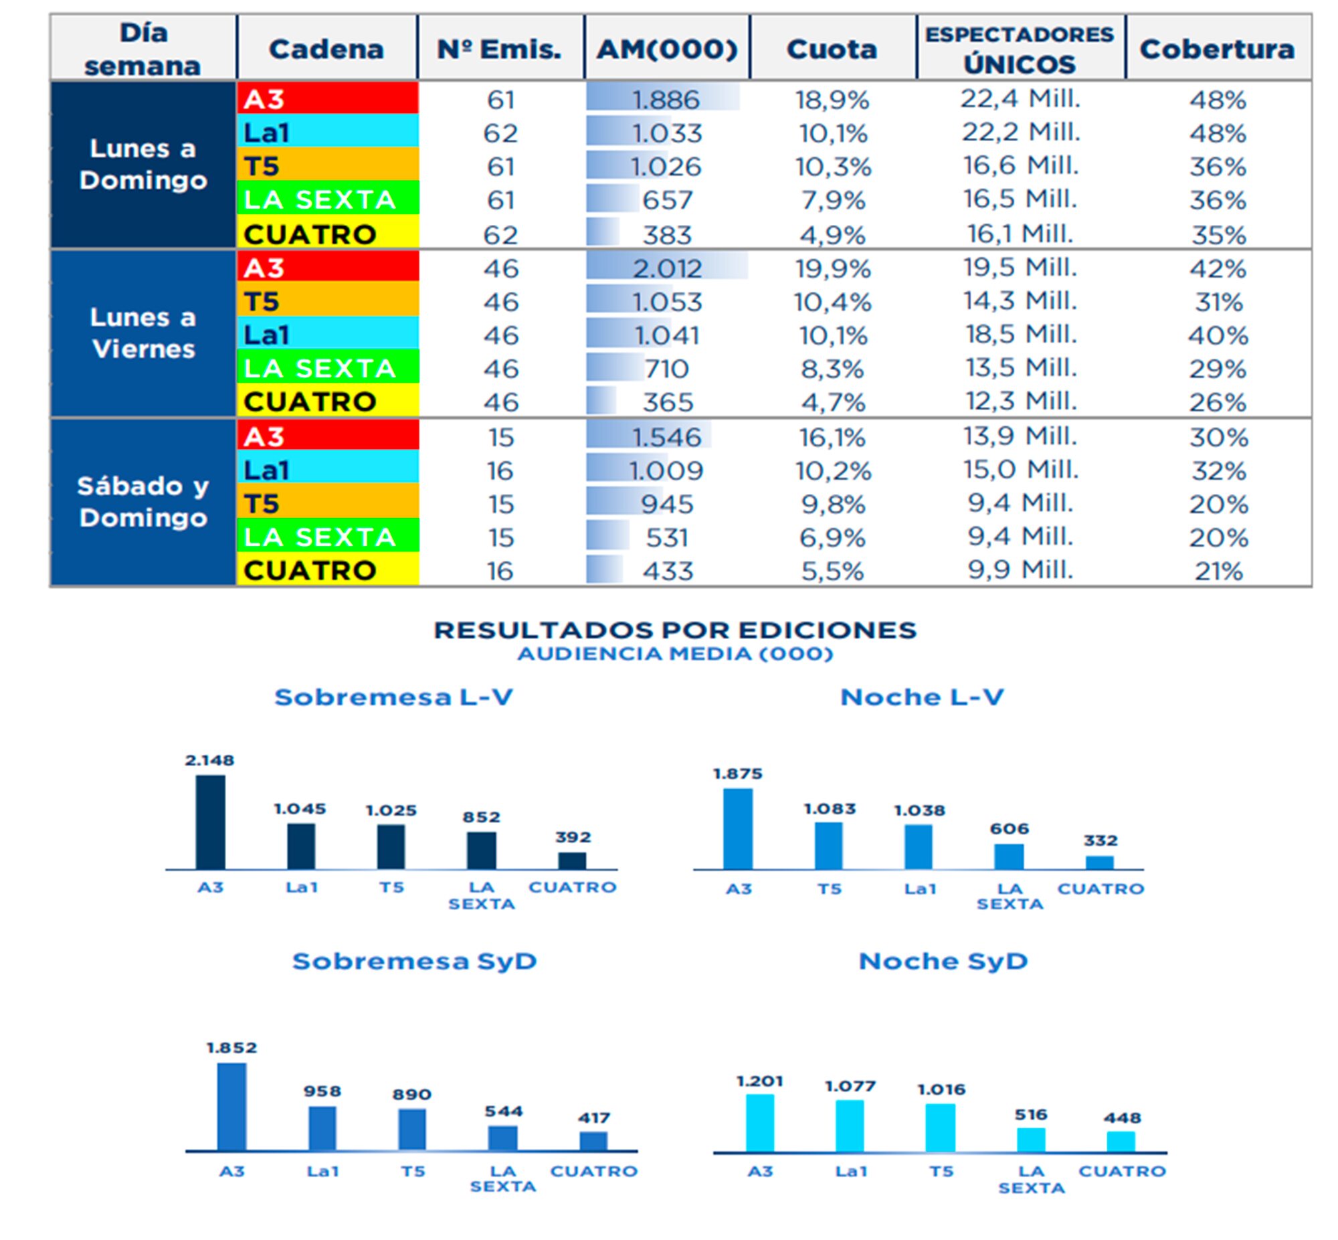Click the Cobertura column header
[x=1217, y=49]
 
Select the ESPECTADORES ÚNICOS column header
[x=1020, y=49]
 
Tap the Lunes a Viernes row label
[x=144, y=333]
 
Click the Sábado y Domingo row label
[x=144, y=502]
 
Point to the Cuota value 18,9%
[x=832, y=100]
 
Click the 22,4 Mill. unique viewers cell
[x=1020, y=99]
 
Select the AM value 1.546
[x=666, y=438]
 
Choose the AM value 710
[x=666, y=369]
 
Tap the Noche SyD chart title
[x=943, y=962]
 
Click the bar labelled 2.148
[x=211, y=822]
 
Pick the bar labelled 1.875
[x=738, y=829]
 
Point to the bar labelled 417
[x=593, y=1142]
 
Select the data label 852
[x=482, y=817]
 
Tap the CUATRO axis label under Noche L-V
[x=1101, y=889]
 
